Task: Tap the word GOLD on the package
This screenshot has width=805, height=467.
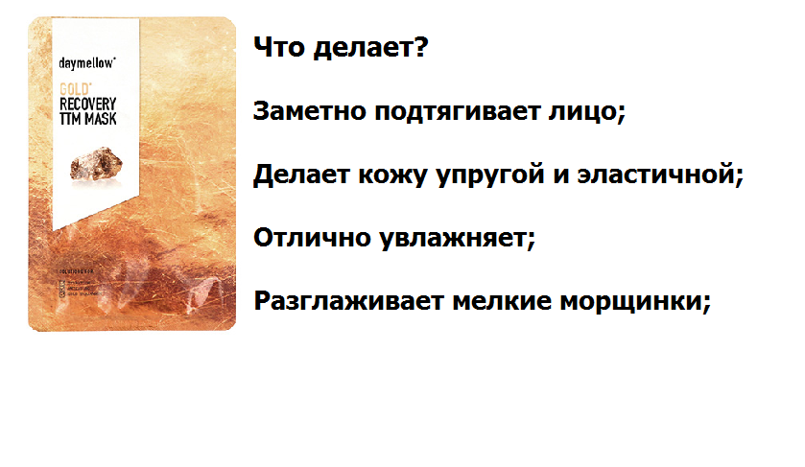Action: point(74,88)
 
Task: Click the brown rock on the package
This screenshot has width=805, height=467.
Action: point(94,162)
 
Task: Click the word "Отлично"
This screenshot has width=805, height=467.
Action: point(298,238)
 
